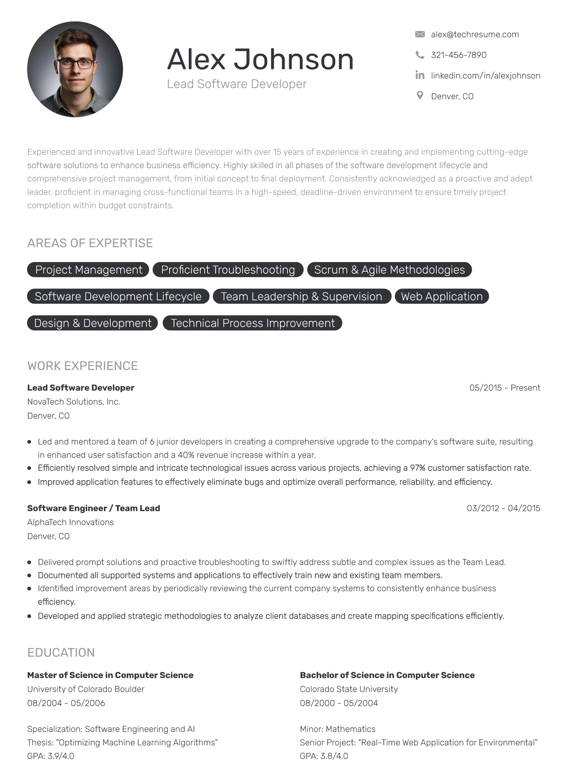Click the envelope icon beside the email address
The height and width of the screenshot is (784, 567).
[420, 34]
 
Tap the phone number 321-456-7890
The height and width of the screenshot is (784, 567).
[458, 55]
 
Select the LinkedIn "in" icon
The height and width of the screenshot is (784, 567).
[420, 75]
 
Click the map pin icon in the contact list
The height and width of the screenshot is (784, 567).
[420, 96]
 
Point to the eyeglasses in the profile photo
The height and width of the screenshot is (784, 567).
[76, 63]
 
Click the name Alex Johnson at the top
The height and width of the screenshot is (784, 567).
[260, 59]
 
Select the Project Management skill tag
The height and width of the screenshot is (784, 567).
[88, 270]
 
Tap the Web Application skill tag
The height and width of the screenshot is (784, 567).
[442, 296]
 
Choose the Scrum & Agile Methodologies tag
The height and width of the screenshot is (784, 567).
[389, 270]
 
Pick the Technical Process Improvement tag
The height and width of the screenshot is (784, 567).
[252, 323]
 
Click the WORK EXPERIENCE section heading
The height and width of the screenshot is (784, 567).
[82, 366]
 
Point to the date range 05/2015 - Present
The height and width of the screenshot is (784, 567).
[504, 388]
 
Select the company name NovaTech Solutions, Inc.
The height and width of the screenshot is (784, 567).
[74, 402]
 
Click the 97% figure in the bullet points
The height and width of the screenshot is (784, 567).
[418, 468]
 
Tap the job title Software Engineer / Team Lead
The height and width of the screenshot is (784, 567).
[94, 508]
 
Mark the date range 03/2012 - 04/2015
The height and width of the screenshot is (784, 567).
[503, 508]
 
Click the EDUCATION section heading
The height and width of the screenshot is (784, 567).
[61, 653]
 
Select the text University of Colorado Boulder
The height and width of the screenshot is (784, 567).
[86, 689]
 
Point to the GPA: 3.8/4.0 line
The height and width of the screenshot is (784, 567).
[324, 756]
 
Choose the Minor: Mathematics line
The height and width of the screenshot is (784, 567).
[338, 729]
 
